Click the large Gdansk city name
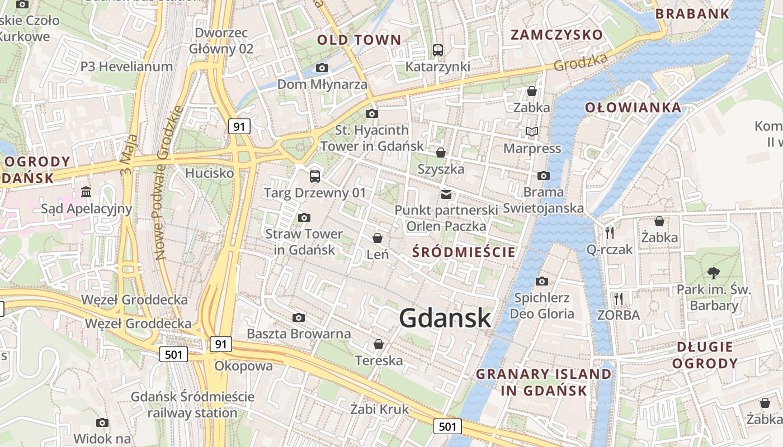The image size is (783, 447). (x=445, y=318)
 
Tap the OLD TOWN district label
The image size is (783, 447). (x=359, y=40)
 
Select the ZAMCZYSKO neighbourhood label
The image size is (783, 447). (x=557, y=35)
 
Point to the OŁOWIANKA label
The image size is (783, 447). (x=633, y=107)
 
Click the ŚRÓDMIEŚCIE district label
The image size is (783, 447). (x=464, y=252)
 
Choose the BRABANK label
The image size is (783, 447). (x=692, y=14)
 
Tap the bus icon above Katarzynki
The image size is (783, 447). (x=438, y=50)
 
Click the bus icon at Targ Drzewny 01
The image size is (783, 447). (x=315, y=177)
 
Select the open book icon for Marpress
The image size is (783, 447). (x=532, y=132)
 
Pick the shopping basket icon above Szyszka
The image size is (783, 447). (x=441, y=152)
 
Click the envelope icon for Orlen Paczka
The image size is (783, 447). (x=446, y=194)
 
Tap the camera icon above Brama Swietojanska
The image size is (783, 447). (x=543, y=175)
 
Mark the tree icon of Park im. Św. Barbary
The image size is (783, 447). (x=713, y=273)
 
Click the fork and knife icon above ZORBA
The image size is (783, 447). (x=618, y=299)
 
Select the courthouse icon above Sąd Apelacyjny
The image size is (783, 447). (x=86, y=192)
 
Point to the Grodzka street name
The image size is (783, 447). (x=580, y=63)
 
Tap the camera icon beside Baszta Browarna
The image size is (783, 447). (x=299, y=318)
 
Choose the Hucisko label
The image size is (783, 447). (x=209, y=173)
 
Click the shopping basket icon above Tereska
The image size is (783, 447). (x=379, y=344)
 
